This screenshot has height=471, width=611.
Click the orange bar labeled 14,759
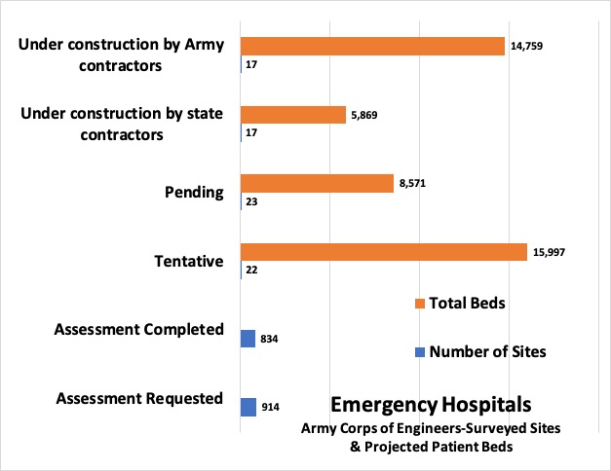click(x=372, y=46)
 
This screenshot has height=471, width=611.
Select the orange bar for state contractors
click(x=292, y=115)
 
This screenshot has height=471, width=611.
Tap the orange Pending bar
click(x=317, y=183)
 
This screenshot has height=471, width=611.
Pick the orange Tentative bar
click(x=383, y=252)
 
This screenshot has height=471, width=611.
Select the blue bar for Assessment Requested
click(x=248, y=406)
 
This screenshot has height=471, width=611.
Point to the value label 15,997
click(x=548, y=252)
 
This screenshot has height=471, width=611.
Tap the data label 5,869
click(x=367, y=115)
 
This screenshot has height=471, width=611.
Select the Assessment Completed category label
click(x=140, y=329)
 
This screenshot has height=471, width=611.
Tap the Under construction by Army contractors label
click(x=122, y=55)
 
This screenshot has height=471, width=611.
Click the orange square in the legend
click(x=420, y=304)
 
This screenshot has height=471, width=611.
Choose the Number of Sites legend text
click(x=487, y=352)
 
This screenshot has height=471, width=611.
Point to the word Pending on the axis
click(x=193, y=193)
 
